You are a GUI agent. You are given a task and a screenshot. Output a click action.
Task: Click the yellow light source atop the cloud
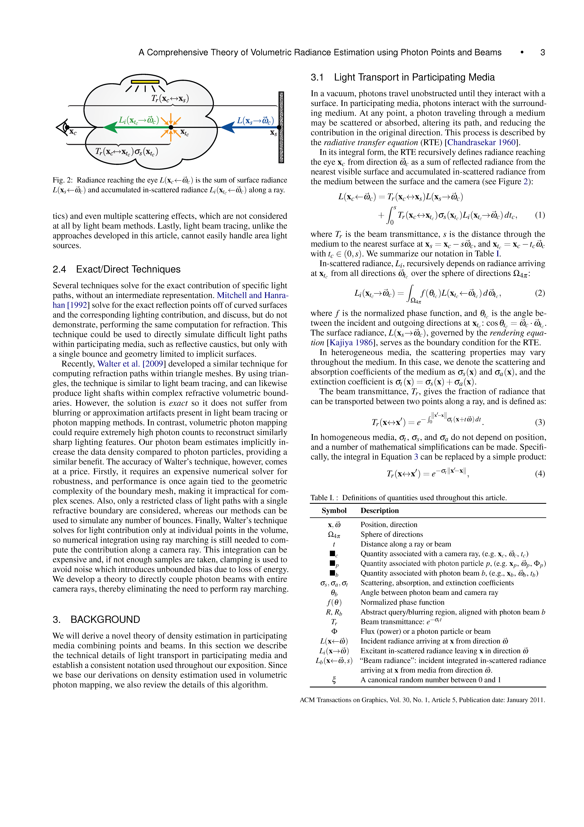[x=145, y=82]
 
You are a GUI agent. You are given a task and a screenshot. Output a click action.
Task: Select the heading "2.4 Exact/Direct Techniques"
[x=117, y=269]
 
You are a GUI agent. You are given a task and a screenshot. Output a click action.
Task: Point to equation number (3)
[x=540, y=422]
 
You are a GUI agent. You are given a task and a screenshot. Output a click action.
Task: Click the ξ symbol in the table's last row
[x=334, y=680]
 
